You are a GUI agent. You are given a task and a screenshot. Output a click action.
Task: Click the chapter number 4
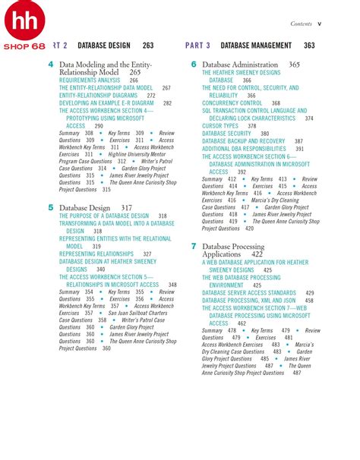[50, 65]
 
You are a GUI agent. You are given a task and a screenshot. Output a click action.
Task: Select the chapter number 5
[50, 206]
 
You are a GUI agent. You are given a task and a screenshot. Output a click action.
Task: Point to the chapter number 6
[194, 65]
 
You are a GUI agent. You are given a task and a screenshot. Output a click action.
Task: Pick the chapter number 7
[194, 246]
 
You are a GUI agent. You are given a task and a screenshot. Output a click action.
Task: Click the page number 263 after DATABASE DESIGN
[147, 46]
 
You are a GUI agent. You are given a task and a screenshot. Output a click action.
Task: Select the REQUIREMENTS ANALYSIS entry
[90, 80]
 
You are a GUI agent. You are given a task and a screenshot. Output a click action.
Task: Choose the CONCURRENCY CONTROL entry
[232, 103]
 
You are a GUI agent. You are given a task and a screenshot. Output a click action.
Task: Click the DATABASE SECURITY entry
[227, 133]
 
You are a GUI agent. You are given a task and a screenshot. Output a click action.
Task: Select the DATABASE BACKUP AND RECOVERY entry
[243, 141]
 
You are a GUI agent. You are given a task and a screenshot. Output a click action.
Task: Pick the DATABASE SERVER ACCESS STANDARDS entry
[248, 292]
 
